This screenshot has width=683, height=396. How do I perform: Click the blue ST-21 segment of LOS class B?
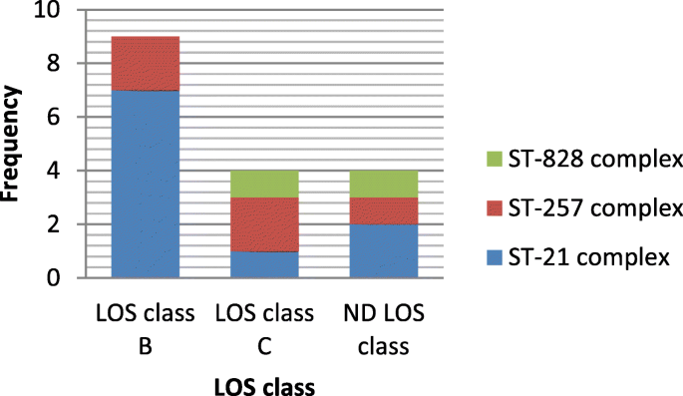146,184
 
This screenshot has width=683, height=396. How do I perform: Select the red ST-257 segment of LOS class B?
146,64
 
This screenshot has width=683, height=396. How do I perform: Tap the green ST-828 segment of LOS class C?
264,184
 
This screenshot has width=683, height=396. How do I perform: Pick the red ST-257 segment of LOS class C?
264,224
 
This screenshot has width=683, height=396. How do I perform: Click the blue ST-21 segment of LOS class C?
264,264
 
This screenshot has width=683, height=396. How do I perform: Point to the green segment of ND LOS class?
384,184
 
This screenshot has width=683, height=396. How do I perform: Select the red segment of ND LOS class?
384,210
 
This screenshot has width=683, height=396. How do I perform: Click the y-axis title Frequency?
13,145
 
